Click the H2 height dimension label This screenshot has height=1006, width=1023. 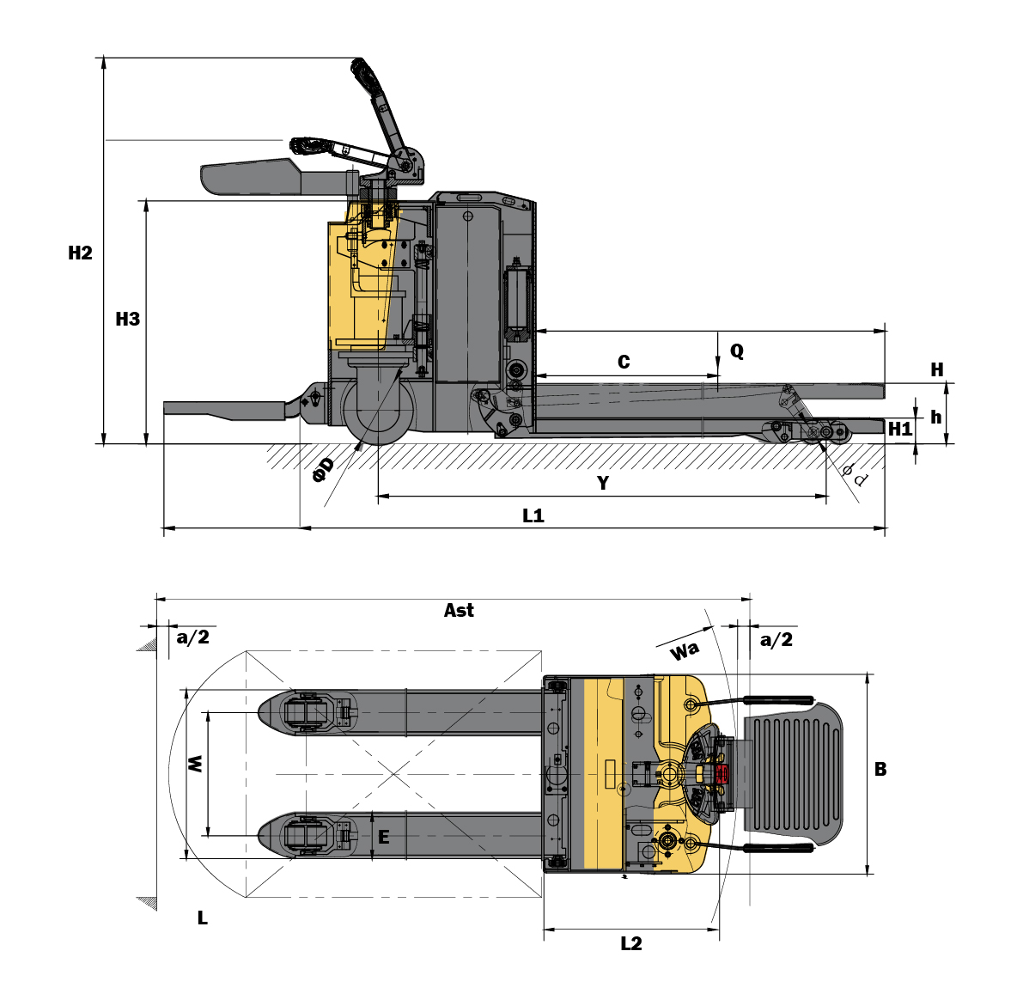[x=80, y=253]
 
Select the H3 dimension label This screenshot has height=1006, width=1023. [x=127, y=320]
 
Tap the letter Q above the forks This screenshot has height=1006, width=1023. [x=737, y=351]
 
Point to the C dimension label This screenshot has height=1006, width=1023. [x=624, y=363]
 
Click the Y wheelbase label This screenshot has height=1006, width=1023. [x=603, y=484]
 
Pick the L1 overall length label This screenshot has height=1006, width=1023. [x=533, y=516]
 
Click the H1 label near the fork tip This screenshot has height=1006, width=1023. [x=900, y=429]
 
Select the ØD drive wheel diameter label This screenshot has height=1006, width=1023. [x=323, y=469]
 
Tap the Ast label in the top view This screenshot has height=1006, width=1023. [x=459, y=611]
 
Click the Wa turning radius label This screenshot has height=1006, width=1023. [x=685, y=651]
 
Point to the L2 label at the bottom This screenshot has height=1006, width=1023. [x=631, y=944]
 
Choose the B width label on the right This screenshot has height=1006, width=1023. [x=880, y=770]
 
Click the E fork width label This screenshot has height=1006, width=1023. [x=384, y=837]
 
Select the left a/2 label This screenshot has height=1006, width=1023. [x=192, y=637]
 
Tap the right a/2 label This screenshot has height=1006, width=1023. [x=776, y=640]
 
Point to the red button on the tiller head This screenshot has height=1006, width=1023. [x=721, y=774]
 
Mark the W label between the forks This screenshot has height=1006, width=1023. [x=196, y=763]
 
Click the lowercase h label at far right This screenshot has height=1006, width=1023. [x=936, y=418]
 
